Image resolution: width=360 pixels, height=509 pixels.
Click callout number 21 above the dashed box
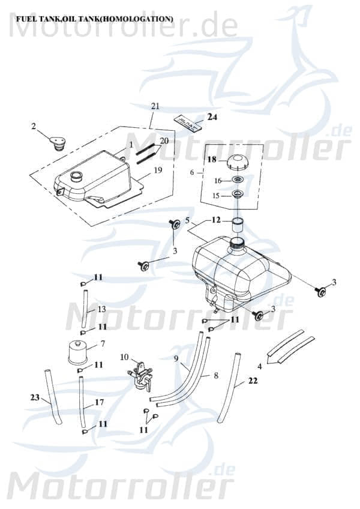155,106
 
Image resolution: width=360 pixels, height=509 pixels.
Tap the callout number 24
213,117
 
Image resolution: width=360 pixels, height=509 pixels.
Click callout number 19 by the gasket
157,170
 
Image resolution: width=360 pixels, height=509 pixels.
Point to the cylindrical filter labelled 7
77,351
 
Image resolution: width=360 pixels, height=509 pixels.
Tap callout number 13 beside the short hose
101,309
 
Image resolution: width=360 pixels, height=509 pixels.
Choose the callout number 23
35,397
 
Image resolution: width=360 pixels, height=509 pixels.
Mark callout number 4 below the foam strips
259,366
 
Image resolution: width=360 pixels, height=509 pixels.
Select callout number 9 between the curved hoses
176,358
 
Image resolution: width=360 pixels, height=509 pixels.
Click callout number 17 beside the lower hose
99,402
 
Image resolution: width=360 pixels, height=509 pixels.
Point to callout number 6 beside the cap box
192,172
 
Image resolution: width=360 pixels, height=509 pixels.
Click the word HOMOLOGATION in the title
136,19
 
